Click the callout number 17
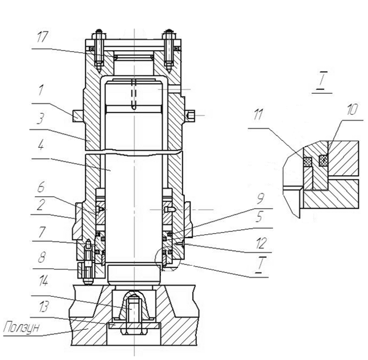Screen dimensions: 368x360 pos(43,37)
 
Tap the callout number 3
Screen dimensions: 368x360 pos(40,118)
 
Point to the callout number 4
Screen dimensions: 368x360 pos(40,145)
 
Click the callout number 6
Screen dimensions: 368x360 pos(41,187)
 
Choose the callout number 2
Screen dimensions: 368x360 pos(40,204)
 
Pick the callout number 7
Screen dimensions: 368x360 pos(42,232)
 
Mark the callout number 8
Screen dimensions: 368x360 pos(42,258)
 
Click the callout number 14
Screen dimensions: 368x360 pos(43,281)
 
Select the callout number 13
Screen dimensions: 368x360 pos(44,307)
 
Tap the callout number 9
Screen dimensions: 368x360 pos(261,198)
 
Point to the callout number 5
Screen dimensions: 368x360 pos(259,217)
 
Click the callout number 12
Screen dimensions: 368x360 pos(261,243)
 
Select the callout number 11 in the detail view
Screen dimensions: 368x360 pos(258,114)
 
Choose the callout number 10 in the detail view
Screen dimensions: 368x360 pos(352,109)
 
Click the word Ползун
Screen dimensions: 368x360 pos(22,327)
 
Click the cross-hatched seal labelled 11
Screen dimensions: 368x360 pos(308,161)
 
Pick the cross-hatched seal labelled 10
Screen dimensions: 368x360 pos(323,161)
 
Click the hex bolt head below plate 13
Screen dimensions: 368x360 pos(134,332)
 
